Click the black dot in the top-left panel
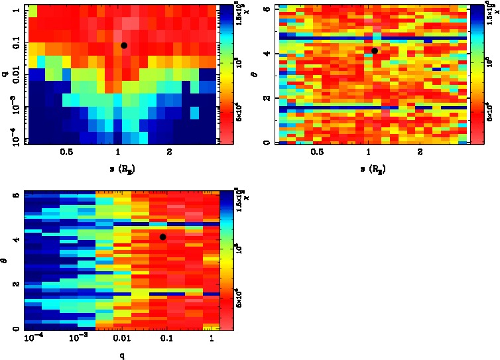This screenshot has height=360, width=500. click(x=124, y=45)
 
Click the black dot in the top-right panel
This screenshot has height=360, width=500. click(x=375, y=50)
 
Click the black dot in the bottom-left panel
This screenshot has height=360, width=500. click(x=162, y=237)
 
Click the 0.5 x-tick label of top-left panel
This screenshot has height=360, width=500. click(x=66, y=152)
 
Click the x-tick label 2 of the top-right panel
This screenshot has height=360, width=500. click(x=420, y=152)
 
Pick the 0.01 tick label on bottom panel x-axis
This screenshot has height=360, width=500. click(x=121, y=339)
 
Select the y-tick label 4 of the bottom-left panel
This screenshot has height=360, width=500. click(x=15, y=240)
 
